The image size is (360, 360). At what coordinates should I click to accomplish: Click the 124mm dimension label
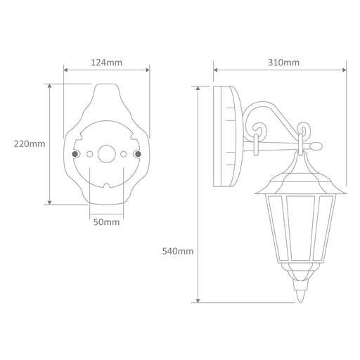(107, 63)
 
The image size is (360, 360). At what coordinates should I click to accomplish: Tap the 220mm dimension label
(30, 143)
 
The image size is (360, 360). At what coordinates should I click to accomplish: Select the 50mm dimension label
(107, 222)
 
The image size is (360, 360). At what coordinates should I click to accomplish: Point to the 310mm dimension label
(283, 63)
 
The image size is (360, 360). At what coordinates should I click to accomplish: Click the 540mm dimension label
(178, 251)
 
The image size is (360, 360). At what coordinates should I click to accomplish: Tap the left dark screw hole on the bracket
(75, 154)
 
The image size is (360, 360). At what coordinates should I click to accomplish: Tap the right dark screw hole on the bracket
(139, 154)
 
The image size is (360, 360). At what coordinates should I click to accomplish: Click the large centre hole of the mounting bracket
(107, 154)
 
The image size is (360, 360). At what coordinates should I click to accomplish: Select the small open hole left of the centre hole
(89, 154)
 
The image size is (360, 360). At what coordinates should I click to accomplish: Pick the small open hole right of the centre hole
(124, 154)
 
